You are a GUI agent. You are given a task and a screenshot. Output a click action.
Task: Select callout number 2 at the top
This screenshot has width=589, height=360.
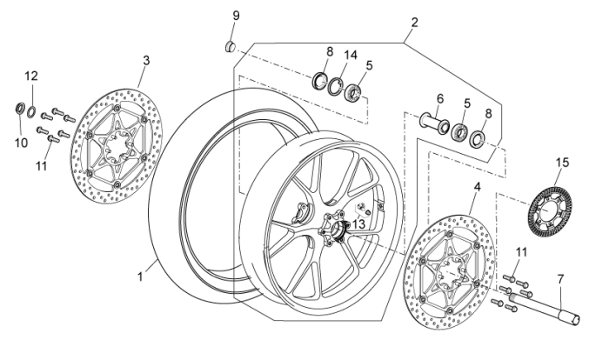pyautogui.click(x=415, y=23)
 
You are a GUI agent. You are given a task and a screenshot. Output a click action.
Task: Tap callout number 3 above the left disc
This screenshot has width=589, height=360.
pyautogui.click(x=145, y=60)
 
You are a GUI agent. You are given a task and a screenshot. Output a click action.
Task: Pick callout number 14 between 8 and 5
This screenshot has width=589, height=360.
pyautogui.click(x=351, y=55)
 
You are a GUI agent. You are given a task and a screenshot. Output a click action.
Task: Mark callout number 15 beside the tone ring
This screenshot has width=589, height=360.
pyautogui.click(x=562, y=163)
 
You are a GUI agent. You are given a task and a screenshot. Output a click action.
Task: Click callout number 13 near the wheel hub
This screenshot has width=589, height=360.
pyautogui.click(x=358, y=223)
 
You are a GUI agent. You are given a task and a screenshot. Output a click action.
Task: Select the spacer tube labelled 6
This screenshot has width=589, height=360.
pyautogui.click(x=432, y=121)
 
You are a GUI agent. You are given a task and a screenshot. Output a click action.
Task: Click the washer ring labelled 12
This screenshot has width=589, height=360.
pyautogui.click(x=32, y=110)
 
